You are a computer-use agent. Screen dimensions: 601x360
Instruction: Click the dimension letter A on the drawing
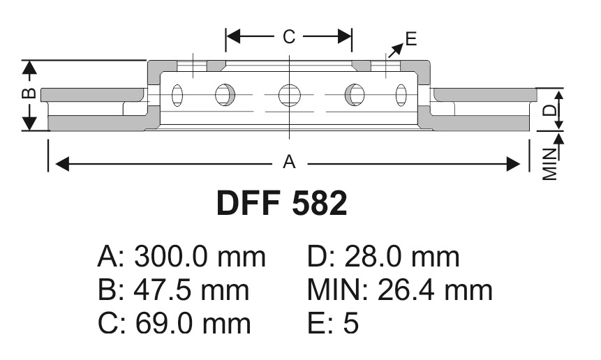pyautogui.click(x=289, y=162)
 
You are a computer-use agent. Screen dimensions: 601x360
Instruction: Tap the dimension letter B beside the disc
pyautogui.click(x=29, y=93)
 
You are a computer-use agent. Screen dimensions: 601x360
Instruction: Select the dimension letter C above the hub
pyautogui.click(x=289, y=37)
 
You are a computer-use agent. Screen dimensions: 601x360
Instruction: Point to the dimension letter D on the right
pyautogui.click(x=549, y=110)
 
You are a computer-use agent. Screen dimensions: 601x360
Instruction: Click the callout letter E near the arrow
pyautogui.click(x=411, y=39)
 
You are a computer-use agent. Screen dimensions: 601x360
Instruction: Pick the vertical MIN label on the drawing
pyautogui.click(x=549, y=164)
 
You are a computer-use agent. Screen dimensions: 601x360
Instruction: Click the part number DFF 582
pyautogui.click(x=282, y=203)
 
